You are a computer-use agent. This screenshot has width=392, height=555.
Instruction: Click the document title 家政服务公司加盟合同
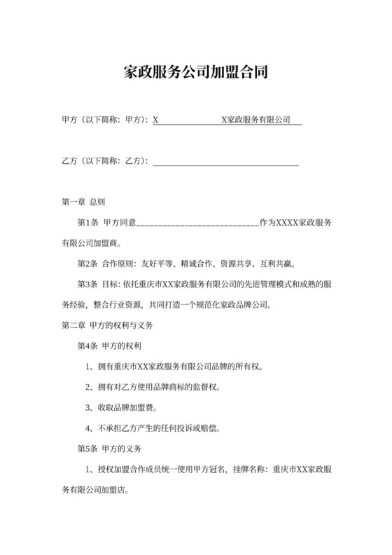(x=196, y=71)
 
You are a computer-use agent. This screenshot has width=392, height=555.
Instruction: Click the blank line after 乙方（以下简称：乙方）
(x=225, y=162)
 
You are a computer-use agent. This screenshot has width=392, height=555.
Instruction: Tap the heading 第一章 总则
(x=83, y=203)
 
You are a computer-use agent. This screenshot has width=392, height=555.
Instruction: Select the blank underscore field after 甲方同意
(x=198, y=224)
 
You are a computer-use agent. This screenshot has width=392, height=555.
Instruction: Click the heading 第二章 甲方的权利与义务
(x=108, y=326)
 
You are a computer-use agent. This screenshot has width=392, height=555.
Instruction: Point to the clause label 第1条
(x=88, y=224)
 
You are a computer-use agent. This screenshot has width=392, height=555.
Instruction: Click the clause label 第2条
(x=88, y=264)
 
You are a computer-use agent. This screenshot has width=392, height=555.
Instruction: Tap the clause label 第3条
(x=88, y=285)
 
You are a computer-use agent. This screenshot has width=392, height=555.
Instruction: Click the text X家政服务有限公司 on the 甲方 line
(x=255, y=121)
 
